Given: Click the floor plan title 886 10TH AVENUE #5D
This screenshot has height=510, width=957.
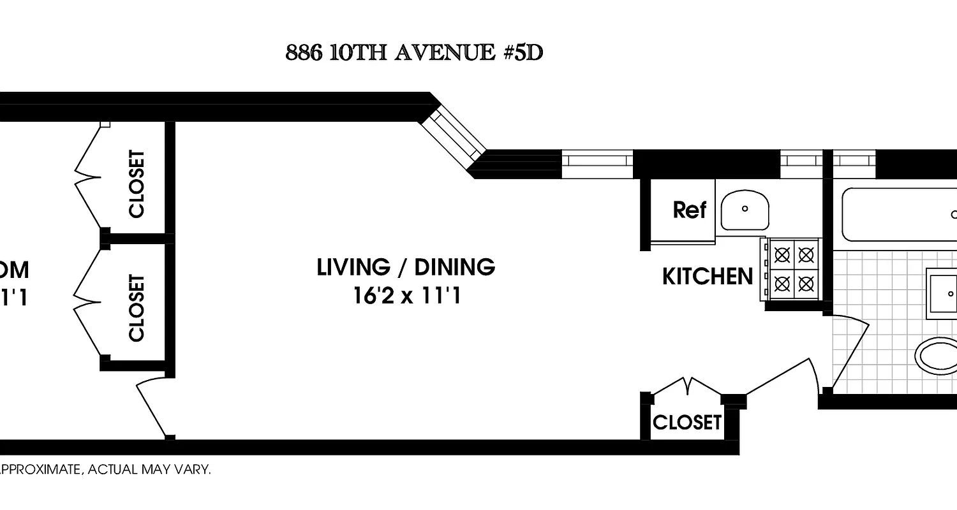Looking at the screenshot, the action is coord(414,52).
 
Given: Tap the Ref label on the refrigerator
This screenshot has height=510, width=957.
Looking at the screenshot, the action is coord(689,209).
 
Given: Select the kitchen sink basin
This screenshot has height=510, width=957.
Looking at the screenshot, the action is coord(745,210).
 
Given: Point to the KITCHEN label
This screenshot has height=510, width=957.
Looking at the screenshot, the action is coord(708,276).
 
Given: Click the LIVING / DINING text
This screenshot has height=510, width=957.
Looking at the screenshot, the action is coord(406,267).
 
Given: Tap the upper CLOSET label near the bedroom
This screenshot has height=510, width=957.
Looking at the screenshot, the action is coord(137,184).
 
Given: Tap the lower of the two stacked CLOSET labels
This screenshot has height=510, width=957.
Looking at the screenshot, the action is coord(137,308).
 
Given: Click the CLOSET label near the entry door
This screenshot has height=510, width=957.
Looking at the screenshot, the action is coord(686,422).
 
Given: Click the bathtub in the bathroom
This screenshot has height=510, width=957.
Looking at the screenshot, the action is coord(900,214).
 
